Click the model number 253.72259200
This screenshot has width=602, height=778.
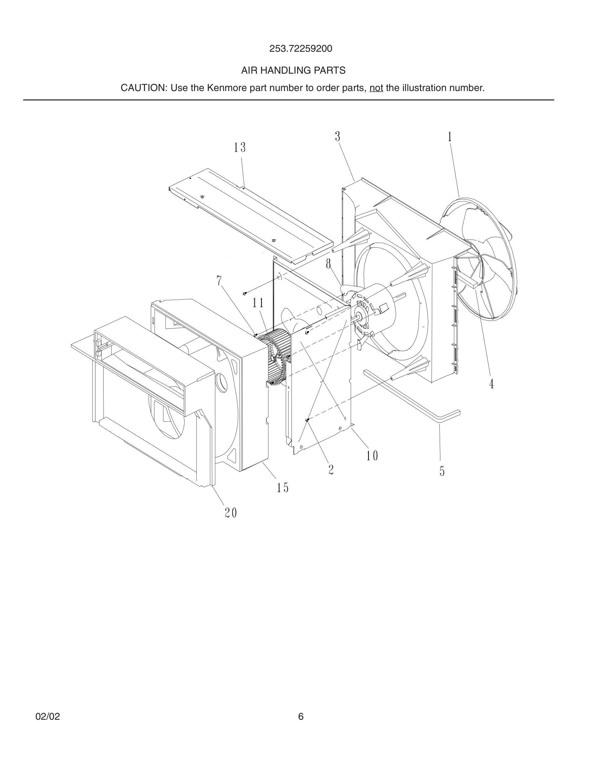click(300, 49)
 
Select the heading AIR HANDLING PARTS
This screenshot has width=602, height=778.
click(293, 70)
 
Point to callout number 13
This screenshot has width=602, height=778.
click(240, 147)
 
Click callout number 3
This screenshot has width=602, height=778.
click(337, 137)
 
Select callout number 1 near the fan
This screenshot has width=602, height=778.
click(450, 137)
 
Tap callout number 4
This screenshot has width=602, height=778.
click(492, 384)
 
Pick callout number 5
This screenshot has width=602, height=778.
click(442, 471)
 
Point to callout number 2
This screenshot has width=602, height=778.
click(331, 470)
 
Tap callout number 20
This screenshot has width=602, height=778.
click(231, 513)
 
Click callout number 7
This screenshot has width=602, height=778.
click(219, 281)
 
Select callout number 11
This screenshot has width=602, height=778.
click(258, 303)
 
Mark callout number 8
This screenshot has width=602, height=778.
click(328, 264)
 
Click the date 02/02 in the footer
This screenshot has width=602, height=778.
click(48, 717)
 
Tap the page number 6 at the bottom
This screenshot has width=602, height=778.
click(301, 717)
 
